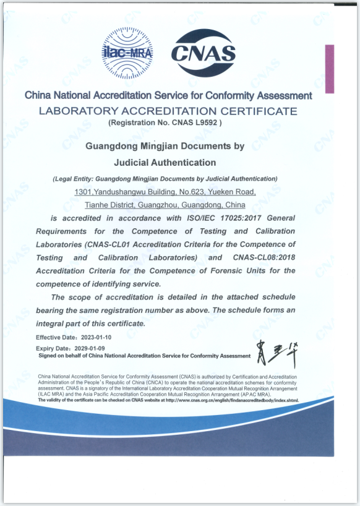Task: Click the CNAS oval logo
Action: pyautogui.click(x=203, y=53)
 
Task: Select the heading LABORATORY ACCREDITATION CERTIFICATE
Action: pyautogui.click(x=168, y=111)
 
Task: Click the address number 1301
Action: pyautogui.click(x=83, y=192)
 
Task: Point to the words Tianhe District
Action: pyautogui.click(x=103, y=205)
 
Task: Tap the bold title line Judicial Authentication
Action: pyautogui.click(x=165, y=163)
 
